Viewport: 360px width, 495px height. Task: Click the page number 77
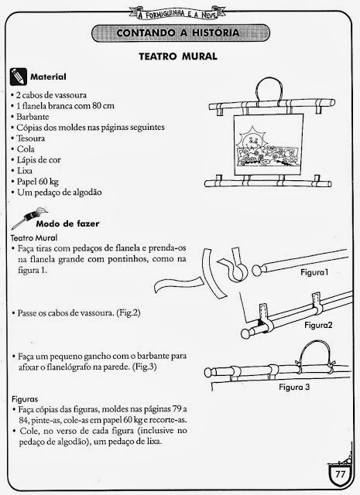341,474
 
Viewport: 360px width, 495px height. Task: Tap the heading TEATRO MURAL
178,56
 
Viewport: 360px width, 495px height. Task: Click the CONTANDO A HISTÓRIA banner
180,32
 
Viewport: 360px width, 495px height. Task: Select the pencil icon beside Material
19,77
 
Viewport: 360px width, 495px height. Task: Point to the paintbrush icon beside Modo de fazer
29,217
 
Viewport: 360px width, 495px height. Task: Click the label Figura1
314,272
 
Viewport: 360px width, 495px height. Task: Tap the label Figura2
319,325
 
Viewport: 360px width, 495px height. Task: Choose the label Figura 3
294,387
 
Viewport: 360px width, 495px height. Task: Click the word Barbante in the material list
33,117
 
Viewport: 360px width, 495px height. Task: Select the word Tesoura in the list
31,138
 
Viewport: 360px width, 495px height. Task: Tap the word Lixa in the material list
25,171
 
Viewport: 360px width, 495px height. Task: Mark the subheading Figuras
25,399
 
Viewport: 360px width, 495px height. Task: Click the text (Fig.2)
129,313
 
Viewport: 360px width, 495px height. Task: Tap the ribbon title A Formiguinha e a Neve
177,14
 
